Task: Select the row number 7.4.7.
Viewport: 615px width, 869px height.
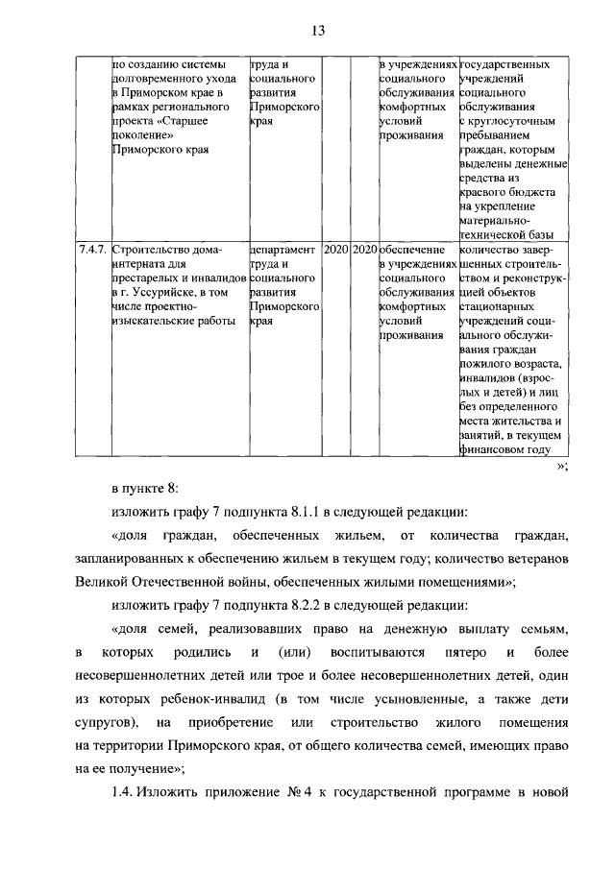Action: tap(93, 248)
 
